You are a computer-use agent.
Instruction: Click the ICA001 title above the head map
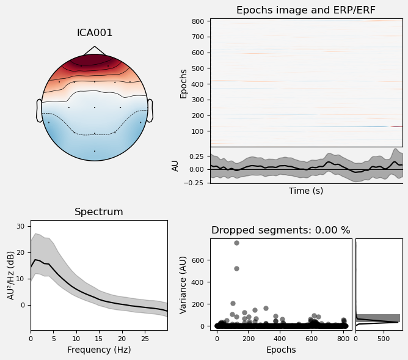95,33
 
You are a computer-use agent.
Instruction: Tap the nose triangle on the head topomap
94,50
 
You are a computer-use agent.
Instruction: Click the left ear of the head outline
39,111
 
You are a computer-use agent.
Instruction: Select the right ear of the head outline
150,111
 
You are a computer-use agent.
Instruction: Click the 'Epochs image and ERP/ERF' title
306,10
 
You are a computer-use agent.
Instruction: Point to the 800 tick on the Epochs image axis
201,21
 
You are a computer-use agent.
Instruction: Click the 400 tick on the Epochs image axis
201,84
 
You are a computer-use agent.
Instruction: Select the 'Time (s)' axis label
306,191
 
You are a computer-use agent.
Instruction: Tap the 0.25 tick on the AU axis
197,156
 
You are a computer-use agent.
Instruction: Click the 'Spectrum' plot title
99,212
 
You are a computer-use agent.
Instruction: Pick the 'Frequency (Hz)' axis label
99,350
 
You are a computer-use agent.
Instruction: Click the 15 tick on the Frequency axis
99,338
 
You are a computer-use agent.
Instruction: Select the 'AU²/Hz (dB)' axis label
10,275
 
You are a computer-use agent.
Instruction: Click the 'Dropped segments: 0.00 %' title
281,230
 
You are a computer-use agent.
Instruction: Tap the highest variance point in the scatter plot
236,243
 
